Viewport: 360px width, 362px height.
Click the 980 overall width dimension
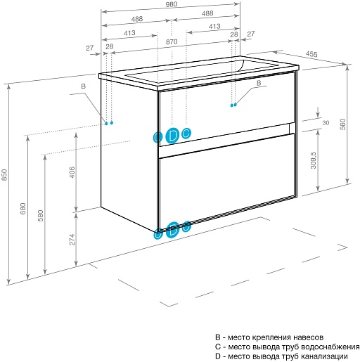click(x=172, y=4)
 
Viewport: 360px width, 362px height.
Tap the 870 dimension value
click(x=172, y=42)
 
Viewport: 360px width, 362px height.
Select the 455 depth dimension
click(x=311, y=54)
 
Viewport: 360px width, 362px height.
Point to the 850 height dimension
click(x=4, y=175)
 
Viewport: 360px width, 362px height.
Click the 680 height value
click(x=23, y=209)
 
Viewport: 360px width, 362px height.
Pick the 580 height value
click(x=41, y=216)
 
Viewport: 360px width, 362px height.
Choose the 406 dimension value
click(x=72, y=172)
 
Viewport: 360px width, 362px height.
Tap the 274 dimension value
click(x=72, y=240)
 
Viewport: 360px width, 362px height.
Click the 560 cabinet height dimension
click(x=342, y=124)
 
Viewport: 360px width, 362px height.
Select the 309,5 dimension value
click(x=314, y=160)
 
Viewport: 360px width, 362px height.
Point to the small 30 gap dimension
click(x=326, y=123)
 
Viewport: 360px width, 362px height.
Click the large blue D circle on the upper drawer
click(x=172, y=136)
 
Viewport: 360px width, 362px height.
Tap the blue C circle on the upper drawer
click(x=186, y=134)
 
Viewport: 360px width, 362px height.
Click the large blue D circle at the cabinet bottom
click(x=172, y=230)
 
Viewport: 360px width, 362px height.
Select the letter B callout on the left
click(x=84, y=86)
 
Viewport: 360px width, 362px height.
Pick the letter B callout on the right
click(x=259, y=83)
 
